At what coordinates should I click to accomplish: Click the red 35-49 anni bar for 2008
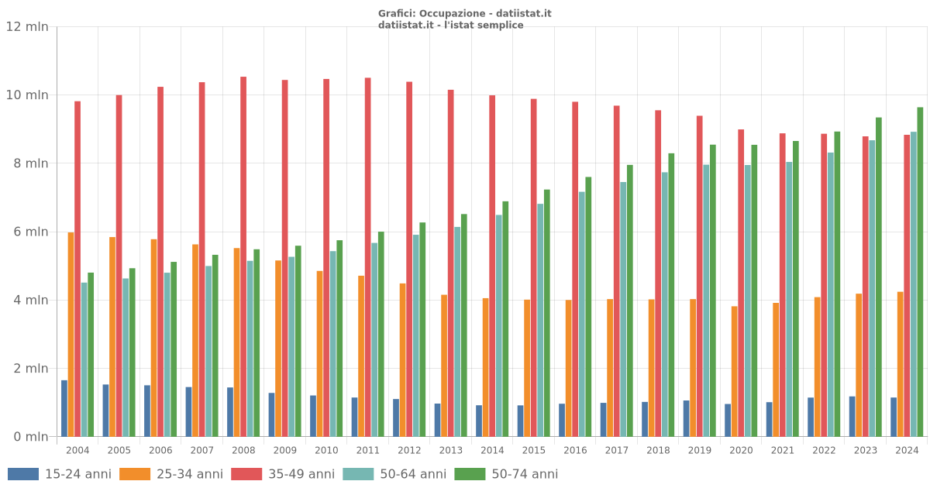tap(243, 256)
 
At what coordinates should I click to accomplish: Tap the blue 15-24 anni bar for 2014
tap(479, 421)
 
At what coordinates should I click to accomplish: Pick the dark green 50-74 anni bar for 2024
tap(920, 272)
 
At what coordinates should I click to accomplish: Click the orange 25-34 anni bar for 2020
tap(734, 371)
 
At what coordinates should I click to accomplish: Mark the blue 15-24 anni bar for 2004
tap(64, 408)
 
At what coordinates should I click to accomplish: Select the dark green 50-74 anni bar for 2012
tap(422, 329)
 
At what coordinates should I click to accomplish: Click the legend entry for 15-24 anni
tap(77, 474)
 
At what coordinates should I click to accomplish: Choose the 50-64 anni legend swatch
tap(358, 474)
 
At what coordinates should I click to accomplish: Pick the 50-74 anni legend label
tap(525, 474)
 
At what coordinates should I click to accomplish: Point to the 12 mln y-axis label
tap(27, 27)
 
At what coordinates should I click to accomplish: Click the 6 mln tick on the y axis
tap(27, 232)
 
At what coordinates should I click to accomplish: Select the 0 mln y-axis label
tap(27, 437)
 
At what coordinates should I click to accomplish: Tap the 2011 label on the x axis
tap(367, 450)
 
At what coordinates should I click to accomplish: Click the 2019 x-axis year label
tap(699, 450)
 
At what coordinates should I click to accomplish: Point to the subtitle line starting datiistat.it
tap(450, 25)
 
